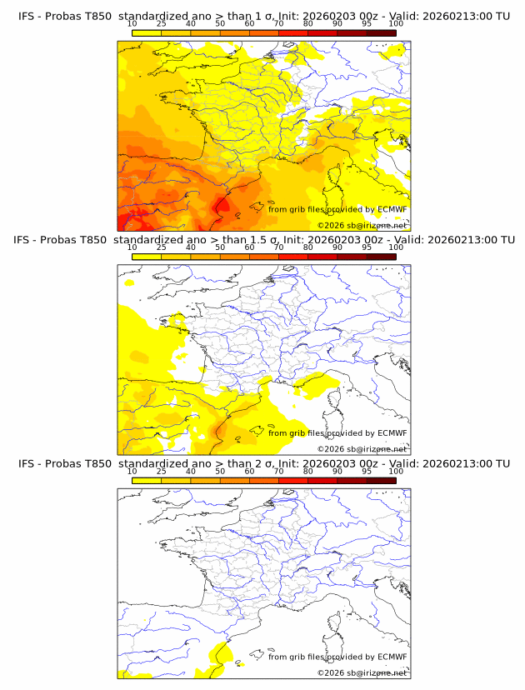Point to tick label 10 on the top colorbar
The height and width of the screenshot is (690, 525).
click(x=132, y=24)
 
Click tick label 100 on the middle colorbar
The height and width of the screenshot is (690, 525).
click(x=396, y=247)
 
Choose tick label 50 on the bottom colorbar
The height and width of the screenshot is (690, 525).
click(x=220, y=471)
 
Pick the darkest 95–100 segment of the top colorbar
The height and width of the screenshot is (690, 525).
click(x=381, y=32)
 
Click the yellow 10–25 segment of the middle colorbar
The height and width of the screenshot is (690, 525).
click(x=147, y=257)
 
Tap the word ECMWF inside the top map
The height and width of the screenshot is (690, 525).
click(x=392, y=209)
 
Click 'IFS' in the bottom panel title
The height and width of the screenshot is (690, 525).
click(x=27, y=463)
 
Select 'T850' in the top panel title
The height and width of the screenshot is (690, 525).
click(x=96, y=17)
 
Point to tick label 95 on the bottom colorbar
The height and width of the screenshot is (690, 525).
click(x=367, y=471)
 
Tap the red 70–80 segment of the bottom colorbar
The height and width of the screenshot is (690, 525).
click(x=293, y=480)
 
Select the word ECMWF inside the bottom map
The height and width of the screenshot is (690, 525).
click(x=392, y=656)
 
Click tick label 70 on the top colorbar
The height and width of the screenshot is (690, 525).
click(x=278, y=24)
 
